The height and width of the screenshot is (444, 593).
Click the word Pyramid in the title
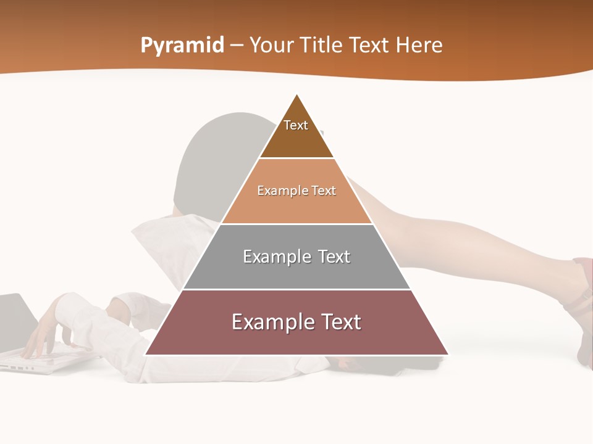182,46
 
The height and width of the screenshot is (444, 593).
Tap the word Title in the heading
323,46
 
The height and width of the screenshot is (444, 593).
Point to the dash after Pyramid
237,46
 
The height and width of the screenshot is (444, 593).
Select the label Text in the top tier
296,125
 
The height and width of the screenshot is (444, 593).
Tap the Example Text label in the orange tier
296,191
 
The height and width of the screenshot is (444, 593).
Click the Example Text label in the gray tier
296,257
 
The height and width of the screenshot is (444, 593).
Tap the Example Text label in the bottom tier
296,322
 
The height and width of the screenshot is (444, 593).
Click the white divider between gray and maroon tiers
296,289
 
